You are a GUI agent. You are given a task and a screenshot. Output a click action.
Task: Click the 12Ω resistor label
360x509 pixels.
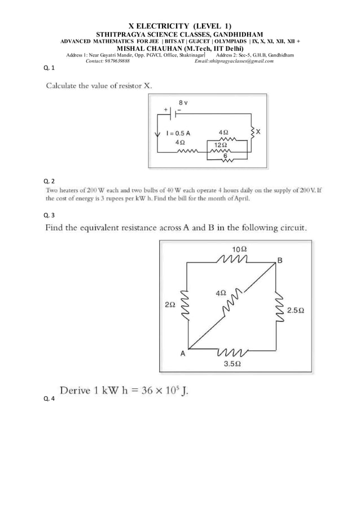(219, 145)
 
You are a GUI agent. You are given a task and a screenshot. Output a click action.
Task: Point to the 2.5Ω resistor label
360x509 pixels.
(296, 310)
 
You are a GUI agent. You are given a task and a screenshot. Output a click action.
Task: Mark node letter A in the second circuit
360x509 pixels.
(183, 354)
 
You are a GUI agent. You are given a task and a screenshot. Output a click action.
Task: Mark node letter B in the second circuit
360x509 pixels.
(280, 260)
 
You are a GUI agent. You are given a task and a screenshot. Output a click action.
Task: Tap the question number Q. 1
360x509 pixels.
(49, 68)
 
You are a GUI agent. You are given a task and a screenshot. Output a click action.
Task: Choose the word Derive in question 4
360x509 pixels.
(79, 390)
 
